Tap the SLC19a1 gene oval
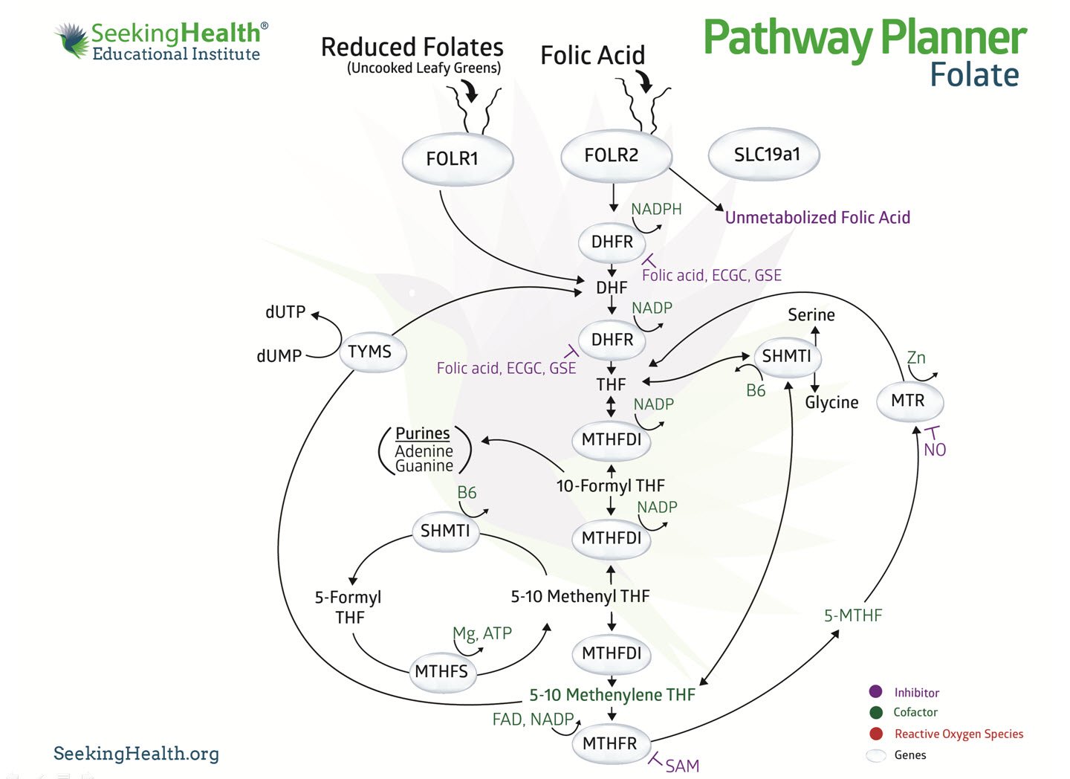click(x=765, y=155)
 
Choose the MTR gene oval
click(x=909, y=401)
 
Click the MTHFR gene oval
click(x=610, y=743)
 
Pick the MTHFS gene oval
click(x=441, y=672)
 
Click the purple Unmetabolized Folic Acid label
click(x=817, y=217)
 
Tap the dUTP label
click(x=285, y=312)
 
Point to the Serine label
click(x=811, y=315)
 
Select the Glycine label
click(x=831, y=402)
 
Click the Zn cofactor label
click(x=916, y=358)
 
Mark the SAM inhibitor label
click(x=682, y=766)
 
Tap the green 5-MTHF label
click(x=853, y=615)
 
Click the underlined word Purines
click(x=422, y=433)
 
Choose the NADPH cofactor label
click(x=656, y=210)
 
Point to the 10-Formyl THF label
click(x=610, y=486)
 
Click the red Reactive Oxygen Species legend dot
click(x=876, y=734)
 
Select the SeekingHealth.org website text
click(x=136, y=754)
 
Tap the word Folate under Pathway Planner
click(x=974, y=75)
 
